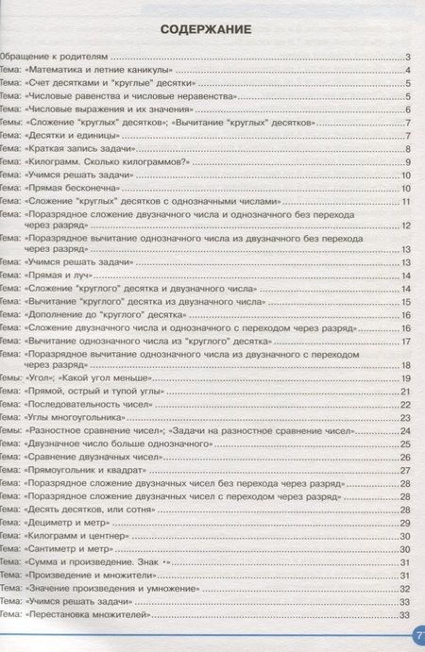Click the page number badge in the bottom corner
click(x=416, y=638)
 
